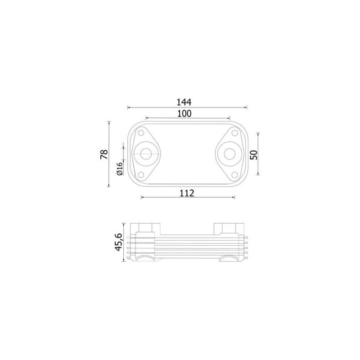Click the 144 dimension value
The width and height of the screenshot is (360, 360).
click(x=184, y=102)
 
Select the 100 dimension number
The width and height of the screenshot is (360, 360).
click(x=184, y=113)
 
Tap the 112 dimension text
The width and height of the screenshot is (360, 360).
click(x=187, y=193)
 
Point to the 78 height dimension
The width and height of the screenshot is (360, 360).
click(x=104, y=154)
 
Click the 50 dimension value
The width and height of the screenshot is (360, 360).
click(x=254, y=155)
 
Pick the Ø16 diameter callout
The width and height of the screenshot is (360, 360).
click(x=120, y=169)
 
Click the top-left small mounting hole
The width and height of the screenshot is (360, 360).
click(x=141, y=133)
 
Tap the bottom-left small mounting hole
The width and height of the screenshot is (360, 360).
click(x=141, y=175)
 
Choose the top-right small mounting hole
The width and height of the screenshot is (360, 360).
click(x=234, y=133)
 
